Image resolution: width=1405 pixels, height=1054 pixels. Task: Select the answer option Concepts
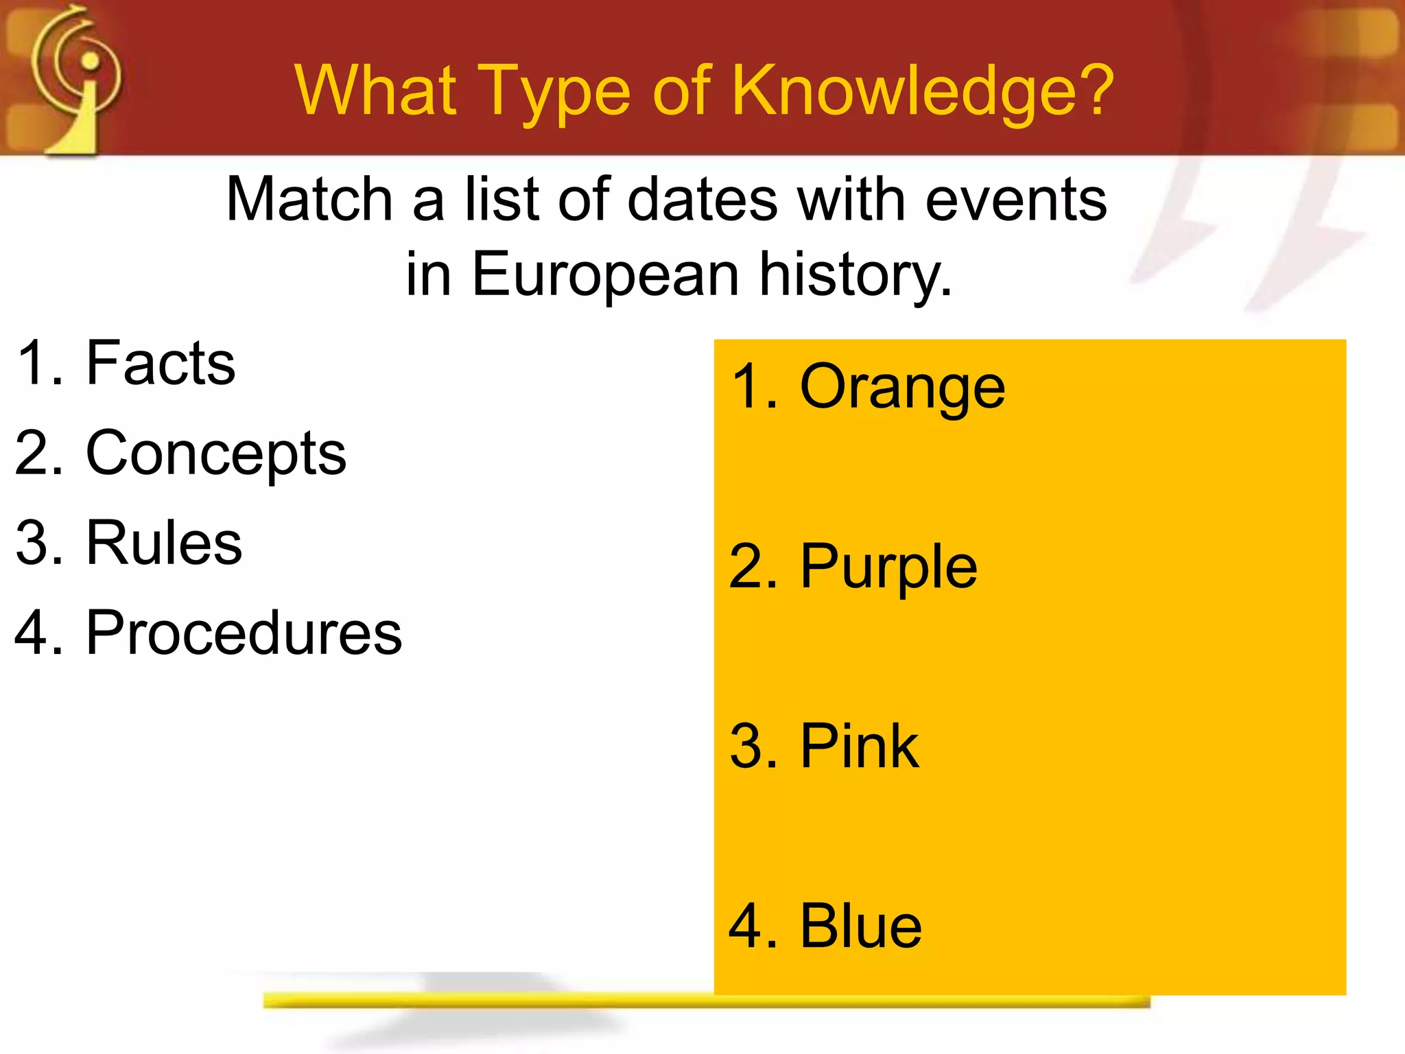[x=216, y=454]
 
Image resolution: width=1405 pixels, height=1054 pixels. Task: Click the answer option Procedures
[x=244, y=633]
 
